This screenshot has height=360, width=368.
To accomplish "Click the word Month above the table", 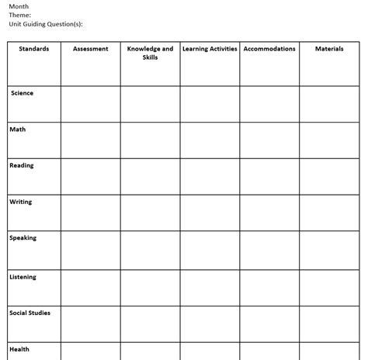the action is tap(19, 6).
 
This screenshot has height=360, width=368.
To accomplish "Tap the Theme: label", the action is tap(20, 15).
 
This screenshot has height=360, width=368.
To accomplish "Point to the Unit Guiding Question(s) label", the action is tap(47, 23).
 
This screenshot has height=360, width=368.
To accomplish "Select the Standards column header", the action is tap(34, 49).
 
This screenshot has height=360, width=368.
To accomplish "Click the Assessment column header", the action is tap(90, 49).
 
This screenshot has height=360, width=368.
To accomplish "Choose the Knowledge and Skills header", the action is tap(150, 53).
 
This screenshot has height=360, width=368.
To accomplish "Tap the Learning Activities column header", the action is tap(210, 49).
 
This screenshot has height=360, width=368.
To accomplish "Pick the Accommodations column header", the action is tap(269, 49).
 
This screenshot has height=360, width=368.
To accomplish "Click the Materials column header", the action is tap(329, 49).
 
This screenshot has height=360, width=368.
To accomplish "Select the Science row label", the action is tap(23, 93).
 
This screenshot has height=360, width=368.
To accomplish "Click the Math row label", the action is tap(18, 130).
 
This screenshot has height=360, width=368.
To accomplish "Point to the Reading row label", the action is tap(22, 165).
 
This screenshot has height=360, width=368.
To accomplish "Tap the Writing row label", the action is tap(21, 202).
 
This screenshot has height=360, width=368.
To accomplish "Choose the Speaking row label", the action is tap(23, 238).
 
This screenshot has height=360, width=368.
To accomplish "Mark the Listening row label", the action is tap(23, 277).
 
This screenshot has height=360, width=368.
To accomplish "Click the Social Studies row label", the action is tap(30, 313).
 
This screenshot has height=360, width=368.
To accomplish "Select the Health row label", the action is tap(19, 349).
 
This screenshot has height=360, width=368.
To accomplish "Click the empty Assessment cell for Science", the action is tap(90, 104).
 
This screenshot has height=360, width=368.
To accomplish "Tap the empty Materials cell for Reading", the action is tap(329, 176).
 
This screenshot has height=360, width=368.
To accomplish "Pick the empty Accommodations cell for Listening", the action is tap(269, 287).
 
